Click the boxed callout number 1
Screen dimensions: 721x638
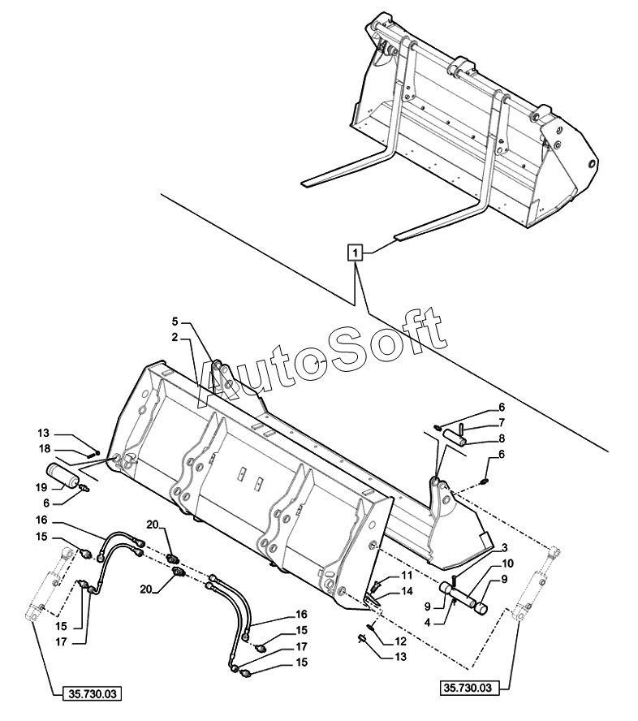[x=354, y=253]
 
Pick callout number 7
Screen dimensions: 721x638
[x=502, y=422]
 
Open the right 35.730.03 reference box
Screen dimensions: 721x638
[x=468, y=689]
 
